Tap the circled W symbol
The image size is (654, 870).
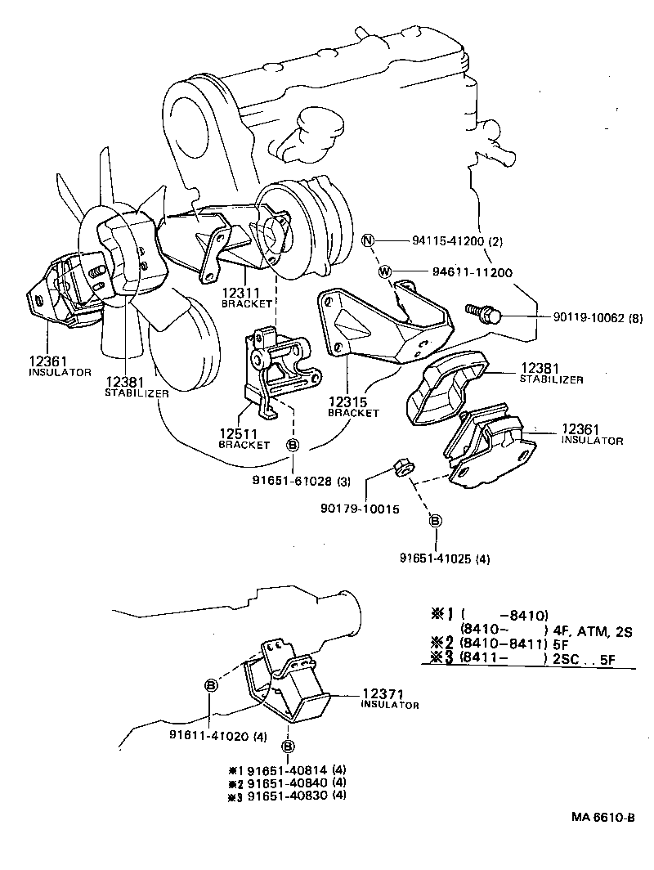[384, 271]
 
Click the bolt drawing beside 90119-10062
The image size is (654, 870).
[482, 312]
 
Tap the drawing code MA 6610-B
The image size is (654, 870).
[602, 818]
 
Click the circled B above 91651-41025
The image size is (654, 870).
[435, 521]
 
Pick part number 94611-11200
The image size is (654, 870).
[467, 271]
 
